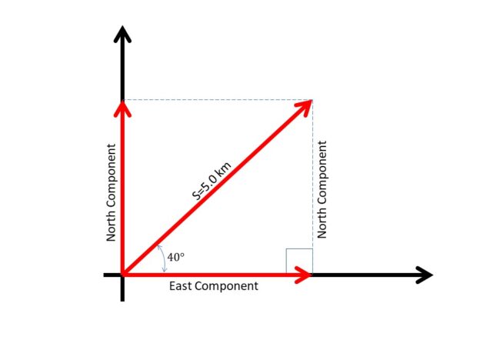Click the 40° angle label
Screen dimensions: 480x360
175,257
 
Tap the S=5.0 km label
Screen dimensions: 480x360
212,181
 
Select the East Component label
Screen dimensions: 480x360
214,286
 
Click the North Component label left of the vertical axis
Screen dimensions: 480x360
111,192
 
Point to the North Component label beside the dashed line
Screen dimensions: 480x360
322,189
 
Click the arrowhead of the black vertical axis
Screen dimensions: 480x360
122,34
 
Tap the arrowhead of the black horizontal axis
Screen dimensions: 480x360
425,275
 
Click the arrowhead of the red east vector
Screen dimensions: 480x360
304,275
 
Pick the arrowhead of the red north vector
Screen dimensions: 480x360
122,108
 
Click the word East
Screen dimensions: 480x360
181,286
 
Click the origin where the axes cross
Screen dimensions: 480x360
122,275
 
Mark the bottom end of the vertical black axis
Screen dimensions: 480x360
122,302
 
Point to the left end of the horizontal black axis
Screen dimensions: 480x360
104,275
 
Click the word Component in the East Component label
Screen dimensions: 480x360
226,286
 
